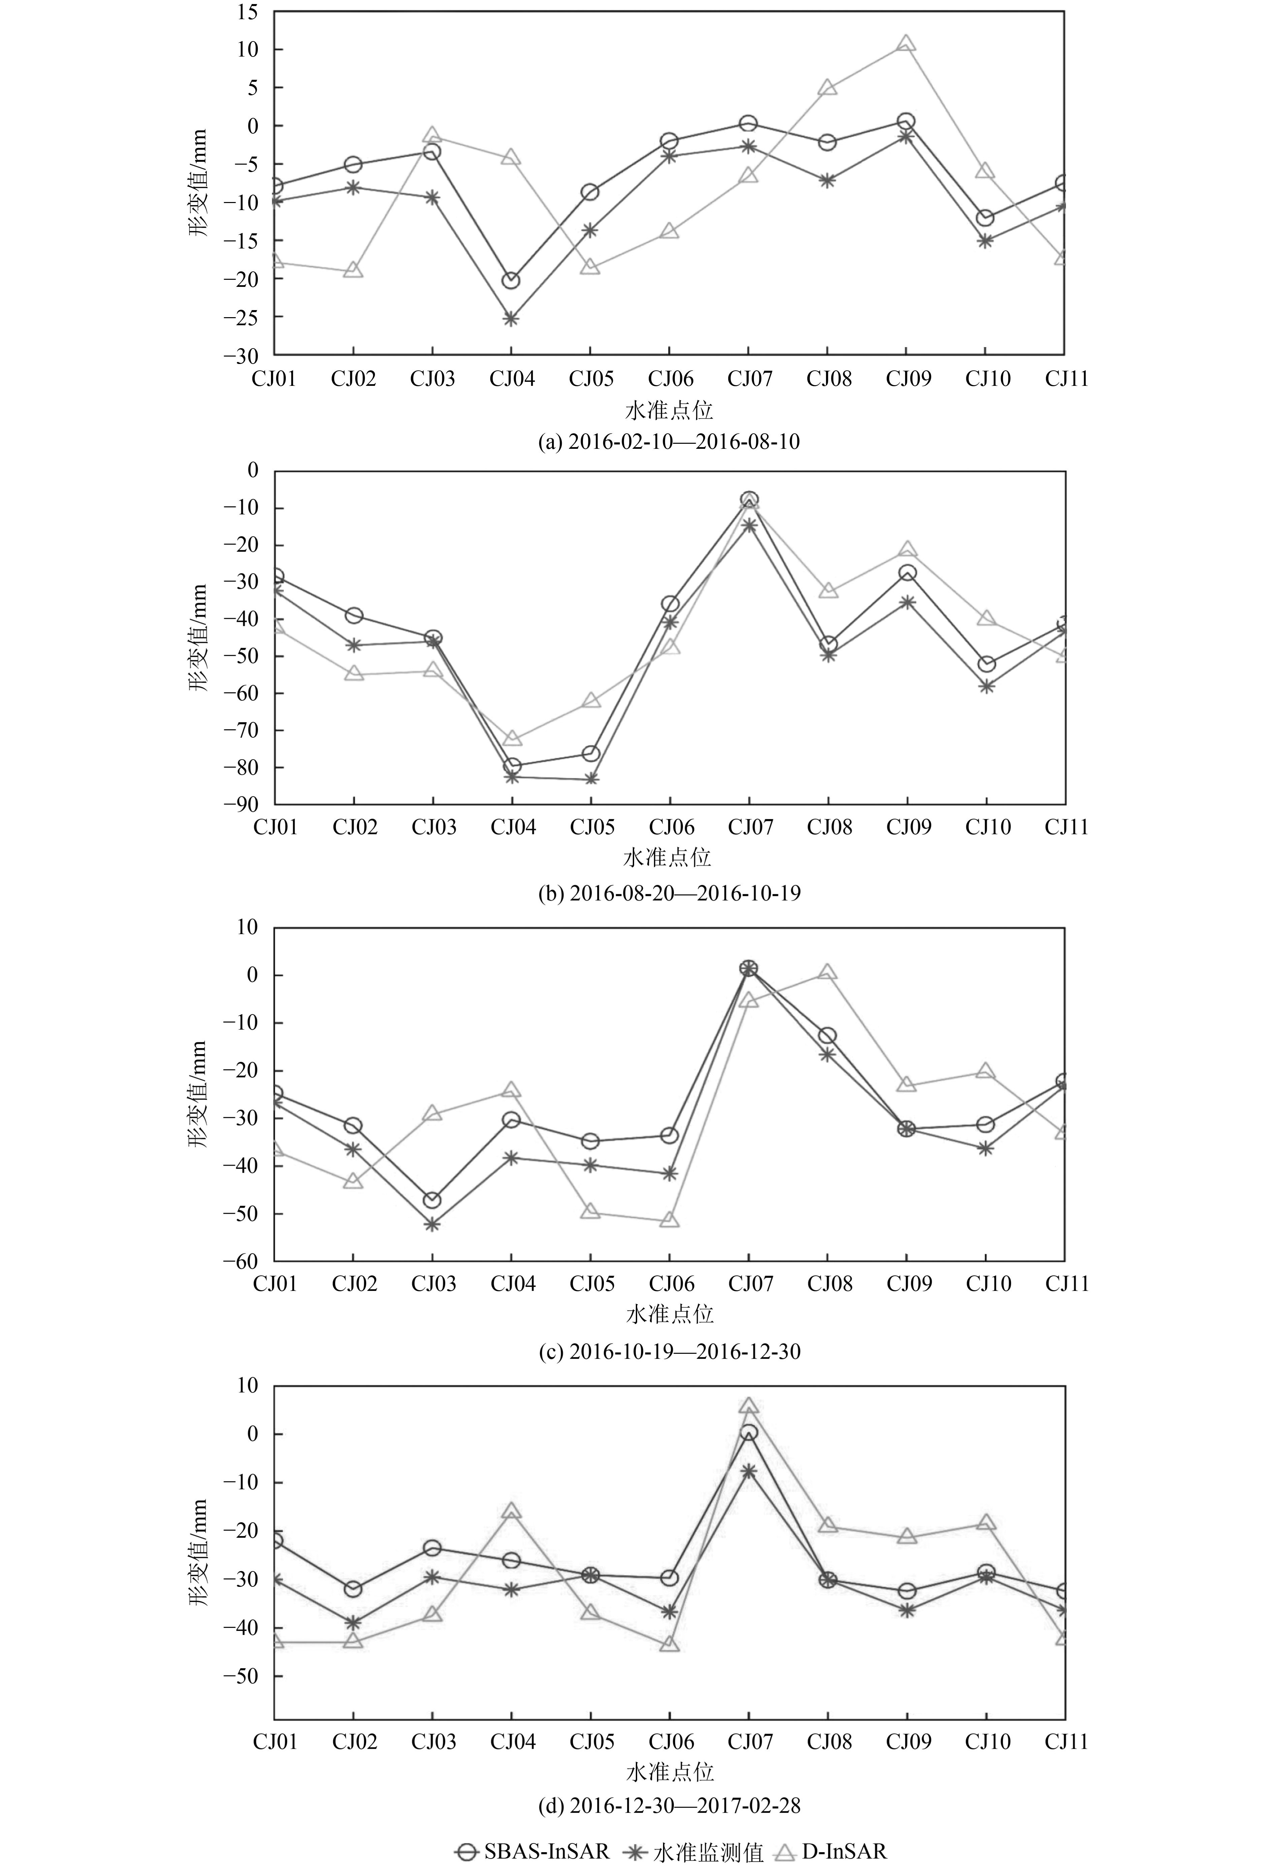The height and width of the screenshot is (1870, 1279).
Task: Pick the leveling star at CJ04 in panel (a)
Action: [x=511, y=319]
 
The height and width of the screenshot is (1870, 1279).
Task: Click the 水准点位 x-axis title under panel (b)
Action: [x=668, y=858]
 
